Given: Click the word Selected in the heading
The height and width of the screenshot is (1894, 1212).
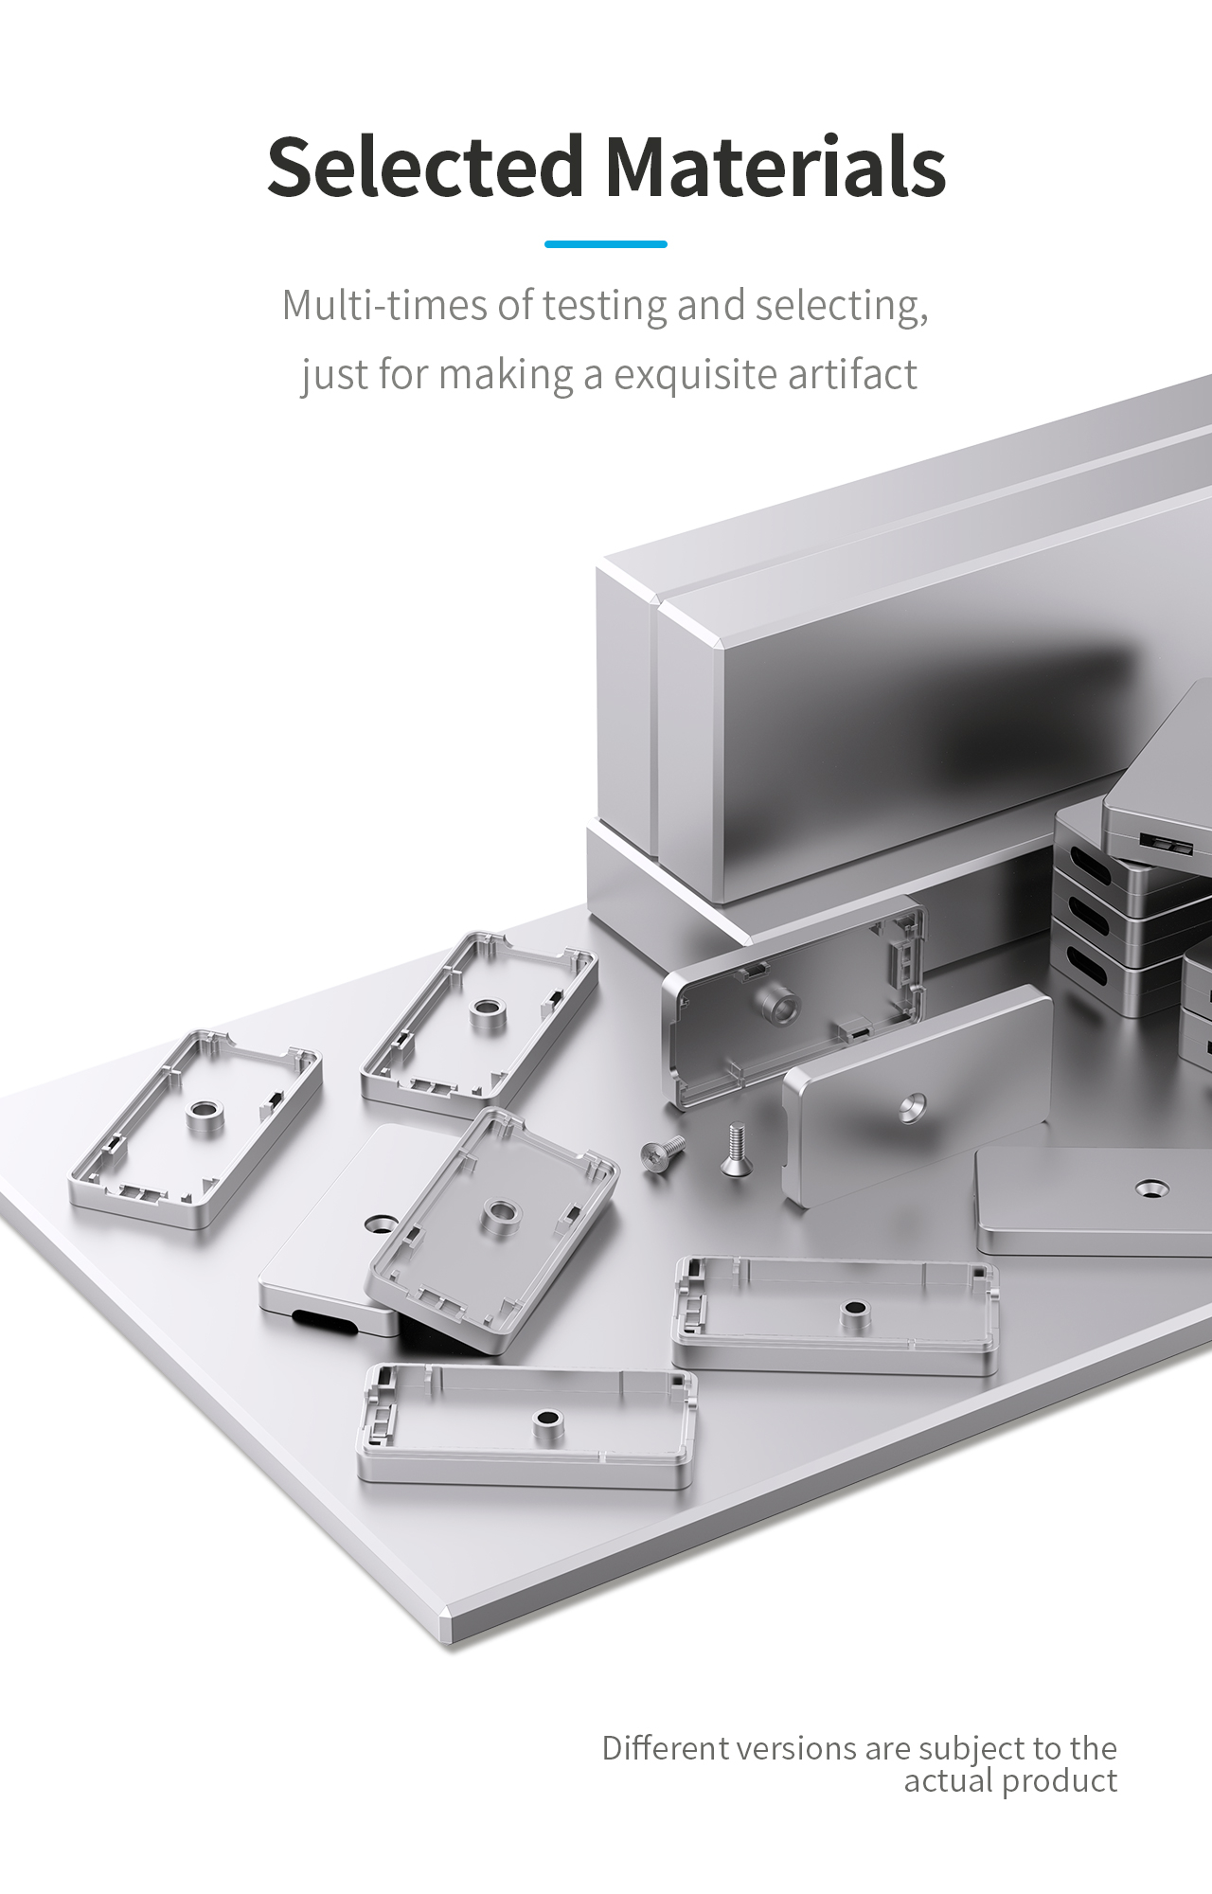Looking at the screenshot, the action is (425, 167).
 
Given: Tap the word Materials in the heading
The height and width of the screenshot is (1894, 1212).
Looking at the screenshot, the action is (775, 167).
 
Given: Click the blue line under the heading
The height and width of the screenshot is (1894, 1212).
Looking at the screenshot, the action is (606, 244).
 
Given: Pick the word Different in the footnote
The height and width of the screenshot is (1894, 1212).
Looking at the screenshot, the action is (663, 1747).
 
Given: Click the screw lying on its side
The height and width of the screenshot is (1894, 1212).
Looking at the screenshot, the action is (663, 1153).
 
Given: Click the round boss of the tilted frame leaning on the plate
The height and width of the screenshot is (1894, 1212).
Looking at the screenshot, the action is (499, 1216).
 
